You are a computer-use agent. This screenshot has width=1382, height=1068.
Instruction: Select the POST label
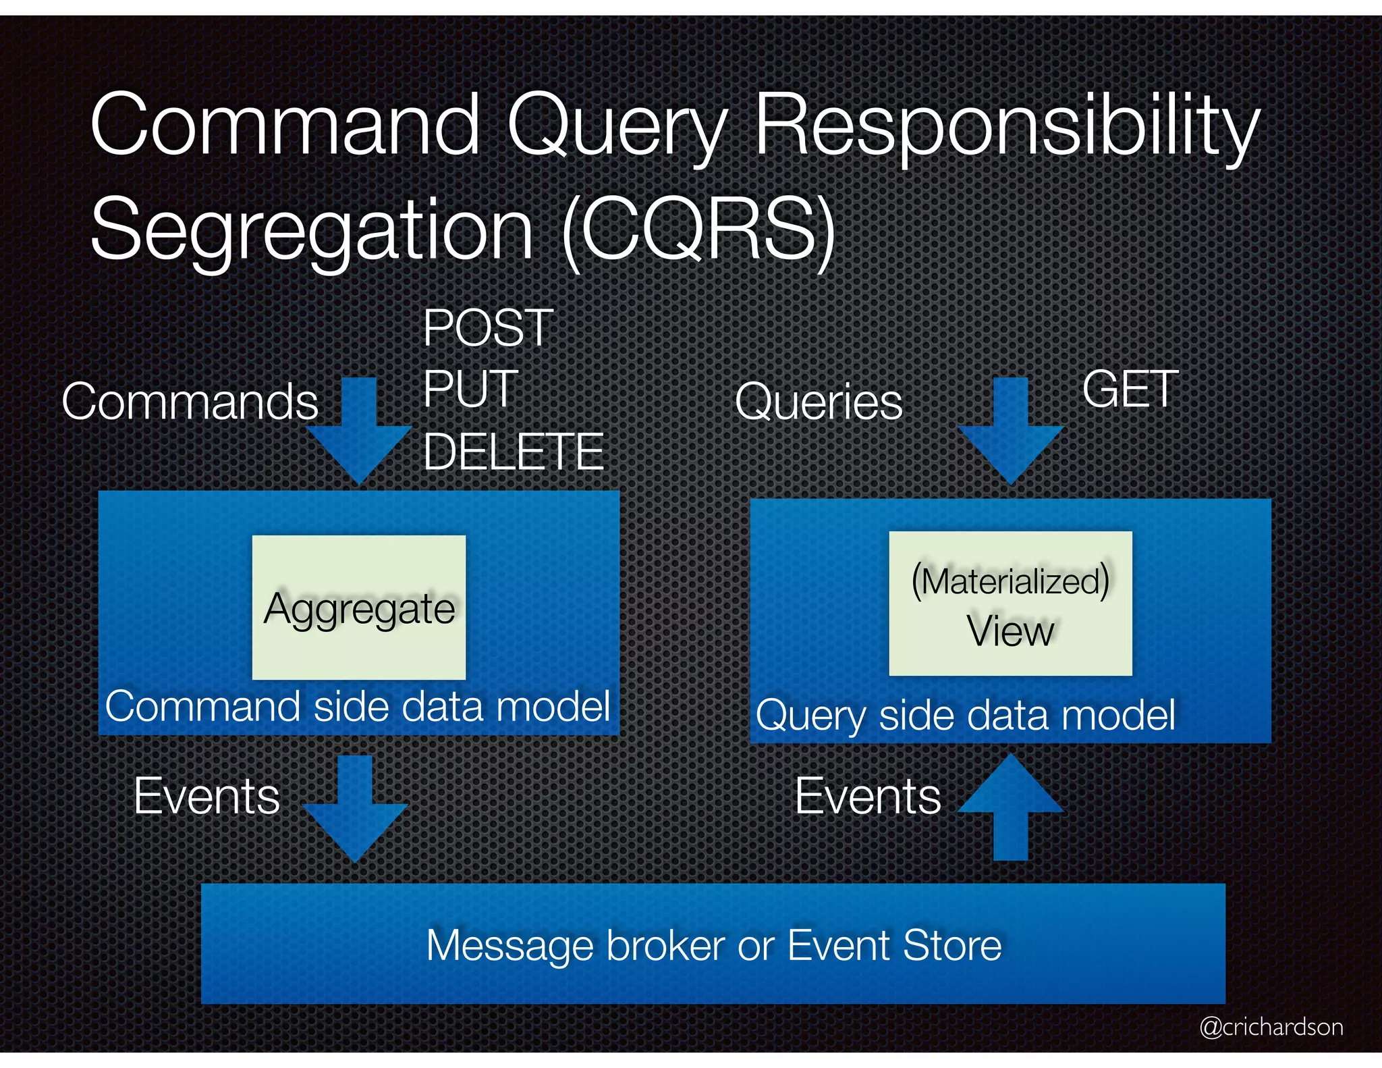point(488,328)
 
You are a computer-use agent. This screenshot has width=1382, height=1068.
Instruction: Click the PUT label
point(470,390)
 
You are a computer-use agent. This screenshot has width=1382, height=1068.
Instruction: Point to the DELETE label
point(513,452)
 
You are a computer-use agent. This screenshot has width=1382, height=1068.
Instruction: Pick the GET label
point(1130,390)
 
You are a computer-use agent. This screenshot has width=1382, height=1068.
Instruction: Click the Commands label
point(190,402)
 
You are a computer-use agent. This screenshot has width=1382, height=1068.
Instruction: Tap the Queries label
point(818,402)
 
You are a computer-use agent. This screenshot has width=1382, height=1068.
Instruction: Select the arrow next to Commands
point(360,432)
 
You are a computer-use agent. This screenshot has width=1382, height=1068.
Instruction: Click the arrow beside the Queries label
point(1010,432)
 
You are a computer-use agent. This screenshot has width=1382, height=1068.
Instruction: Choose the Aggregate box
point(359,608)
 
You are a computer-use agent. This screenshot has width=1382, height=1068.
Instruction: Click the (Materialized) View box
point(1010,604)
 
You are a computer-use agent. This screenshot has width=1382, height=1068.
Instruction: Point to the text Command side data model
point(358,707)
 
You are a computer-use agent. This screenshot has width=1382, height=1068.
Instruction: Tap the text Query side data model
point(965,715)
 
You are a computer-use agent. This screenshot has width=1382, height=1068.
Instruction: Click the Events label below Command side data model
point(206,797)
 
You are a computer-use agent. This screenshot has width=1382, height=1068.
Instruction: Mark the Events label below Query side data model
point(868,797)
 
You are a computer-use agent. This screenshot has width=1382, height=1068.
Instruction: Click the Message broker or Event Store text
point(714,945)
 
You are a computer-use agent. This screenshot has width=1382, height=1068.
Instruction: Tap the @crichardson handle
point(1271,1027)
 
